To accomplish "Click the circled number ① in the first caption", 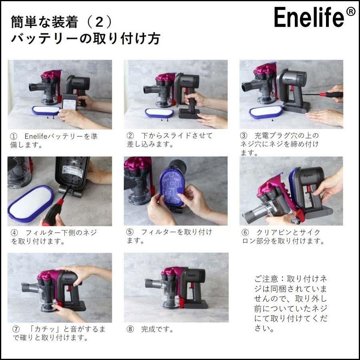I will [x=14, y=136].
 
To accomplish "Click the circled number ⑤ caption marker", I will [x=130, y=232].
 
